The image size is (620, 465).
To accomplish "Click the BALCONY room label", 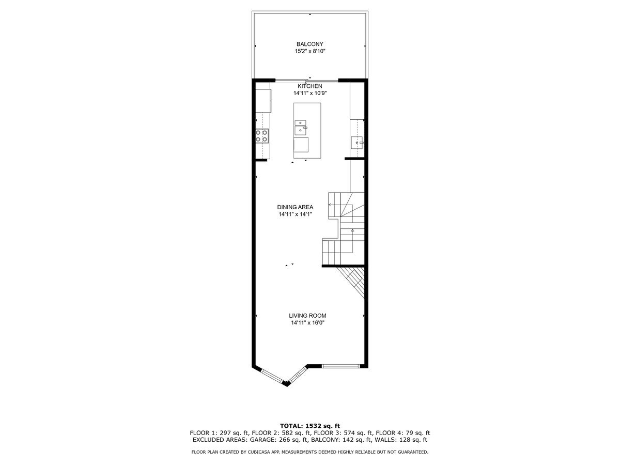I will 309,44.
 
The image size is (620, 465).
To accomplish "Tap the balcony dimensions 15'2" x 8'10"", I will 309,52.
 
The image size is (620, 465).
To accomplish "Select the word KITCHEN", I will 310,86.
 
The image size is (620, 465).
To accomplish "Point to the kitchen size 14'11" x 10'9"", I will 310,94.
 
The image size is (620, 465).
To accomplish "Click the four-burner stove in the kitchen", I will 262,135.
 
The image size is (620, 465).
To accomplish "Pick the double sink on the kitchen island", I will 301,127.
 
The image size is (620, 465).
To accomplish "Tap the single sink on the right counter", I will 357,141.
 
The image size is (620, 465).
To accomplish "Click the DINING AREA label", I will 295,207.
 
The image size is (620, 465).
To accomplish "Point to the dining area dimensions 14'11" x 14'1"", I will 295,214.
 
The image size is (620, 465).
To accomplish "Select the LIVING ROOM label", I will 307,316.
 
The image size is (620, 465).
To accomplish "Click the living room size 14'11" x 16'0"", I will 307,323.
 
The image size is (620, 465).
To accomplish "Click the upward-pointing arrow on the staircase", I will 352,230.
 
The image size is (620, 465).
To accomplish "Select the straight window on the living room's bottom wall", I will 340,366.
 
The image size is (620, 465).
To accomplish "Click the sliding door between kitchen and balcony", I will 306,80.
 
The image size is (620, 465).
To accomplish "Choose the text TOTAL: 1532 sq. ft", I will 310,425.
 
